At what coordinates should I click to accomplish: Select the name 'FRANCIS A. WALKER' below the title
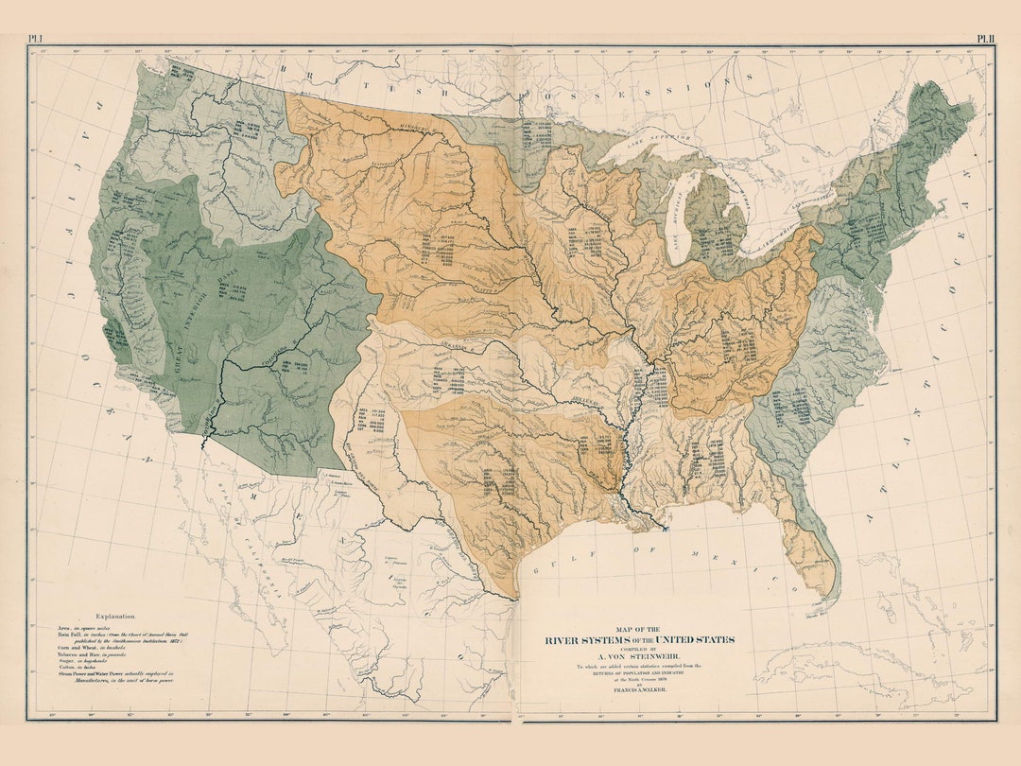pos(638,692)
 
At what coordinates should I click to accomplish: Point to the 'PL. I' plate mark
pos(36,39)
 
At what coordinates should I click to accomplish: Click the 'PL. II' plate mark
pos(986,39)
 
